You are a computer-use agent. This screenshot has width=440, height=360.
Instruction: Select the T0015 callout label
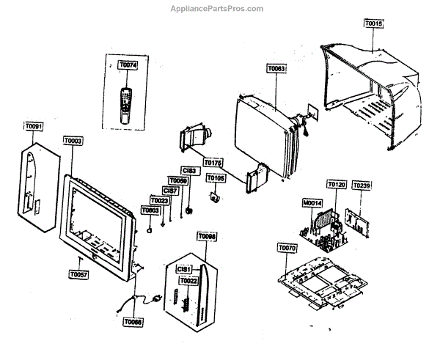pos(373,24)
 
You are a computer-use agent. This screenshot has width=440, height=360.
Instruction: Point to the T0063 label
pos(276,68)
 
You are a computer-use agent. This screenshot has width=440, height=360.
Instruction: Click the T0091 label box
pos(34,127)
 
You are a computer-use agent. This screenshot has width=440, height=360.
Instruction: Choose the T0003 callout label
pos(73,140)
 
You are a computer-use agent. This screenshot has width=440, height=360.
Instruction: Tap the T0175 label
pos(213,161)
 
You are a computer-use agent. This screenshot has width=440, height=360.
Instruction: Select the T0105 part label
pos(216,177)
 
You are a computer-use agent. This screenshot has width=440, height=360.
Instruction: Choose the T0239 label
pos(362,186)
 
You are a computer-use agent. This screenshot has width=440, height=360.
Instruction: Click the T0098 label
pos(208,236)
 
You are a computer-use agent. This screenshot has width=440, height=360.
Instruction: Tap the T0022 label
pos(188,281)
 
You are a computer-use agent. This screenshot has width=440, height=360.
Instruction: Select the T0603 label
pos(150,210)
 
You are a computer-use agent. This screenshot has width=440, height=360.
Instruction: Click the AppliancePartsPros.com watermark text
pos(216,9)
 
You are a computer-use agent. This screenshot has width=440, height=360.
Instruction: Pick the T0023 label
pos(159,200)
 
